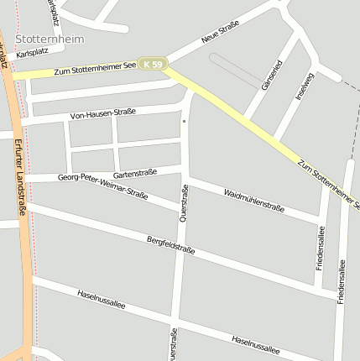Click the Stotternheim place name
tap(48, 39)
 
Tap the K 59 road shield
tap(154, 64)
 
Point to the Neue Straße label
tap(221, 31)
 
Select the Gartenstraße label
tap(135, 173)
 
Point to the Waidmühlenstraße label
tap(254, 201)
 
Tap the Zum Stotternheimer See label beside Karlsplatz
tap(95, 72)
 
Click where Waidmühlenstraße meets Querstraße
tap(185, 178)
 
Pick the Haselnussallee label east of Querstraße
tap(255, 344)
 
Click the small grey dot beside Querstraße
tap(184, 122)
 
